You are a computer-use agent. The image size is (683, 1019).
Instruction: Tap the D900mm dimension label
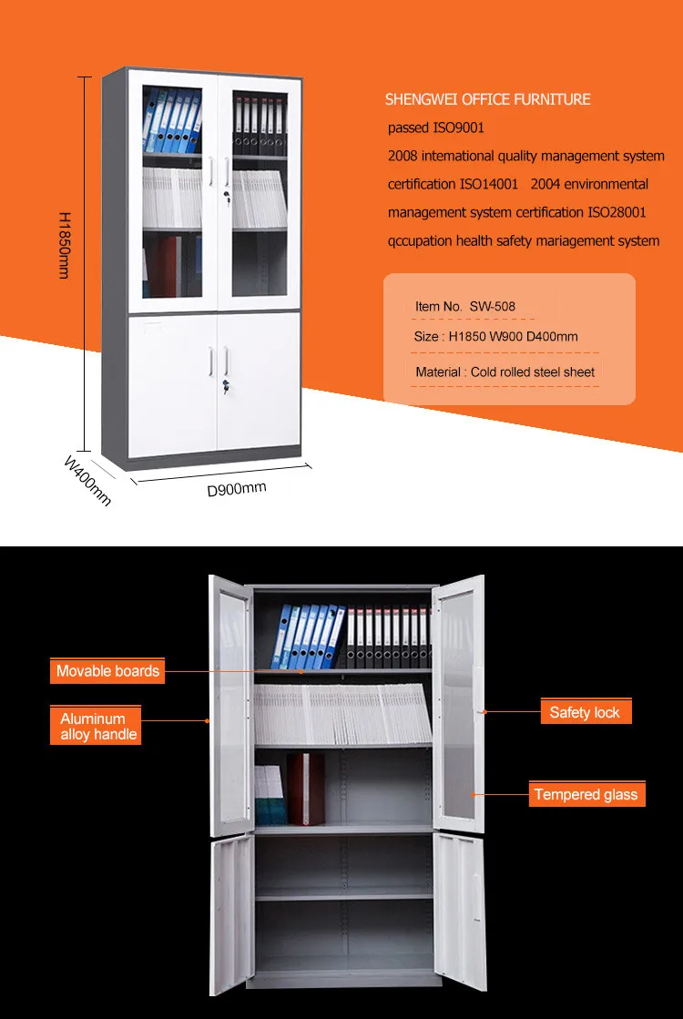[x=237, y=489]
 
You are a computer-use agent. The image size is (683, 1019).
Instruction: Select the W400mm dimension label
[x=87, y=480]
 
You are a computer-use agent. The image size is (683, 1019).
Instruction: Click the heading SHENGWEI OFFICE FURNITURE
[x=487, y=99]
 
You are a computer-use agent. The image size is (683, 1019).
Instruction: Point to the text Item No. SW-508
[x=464, y=306]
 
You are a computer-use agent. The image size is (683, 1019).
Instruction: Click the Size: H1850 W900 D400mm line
[x=495, y=337]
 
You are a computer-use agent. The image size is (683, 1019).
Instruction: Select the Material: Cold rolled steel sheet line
[x=505, y=372]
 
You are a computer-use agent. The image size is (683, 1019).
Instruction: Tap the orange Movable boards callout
[x=107, y=671]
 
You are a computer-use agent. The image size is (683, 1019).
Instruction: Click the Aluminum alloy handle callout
[x=98, y=727]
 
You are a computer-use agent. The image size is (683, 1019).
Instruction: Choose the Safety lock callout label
[x=584, y=712]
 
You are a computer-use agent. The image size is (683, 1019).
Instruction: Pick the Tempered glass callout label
[x=586, y=794]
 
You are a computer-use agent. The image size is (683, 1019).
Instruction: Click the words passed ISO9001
[x=436, y=128]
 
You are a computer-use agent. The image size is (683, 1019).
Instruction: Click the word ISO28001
[x=617, y=212]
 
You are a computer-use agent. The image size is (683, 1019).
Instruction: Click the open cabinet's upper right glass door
[x=458, y=701]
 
